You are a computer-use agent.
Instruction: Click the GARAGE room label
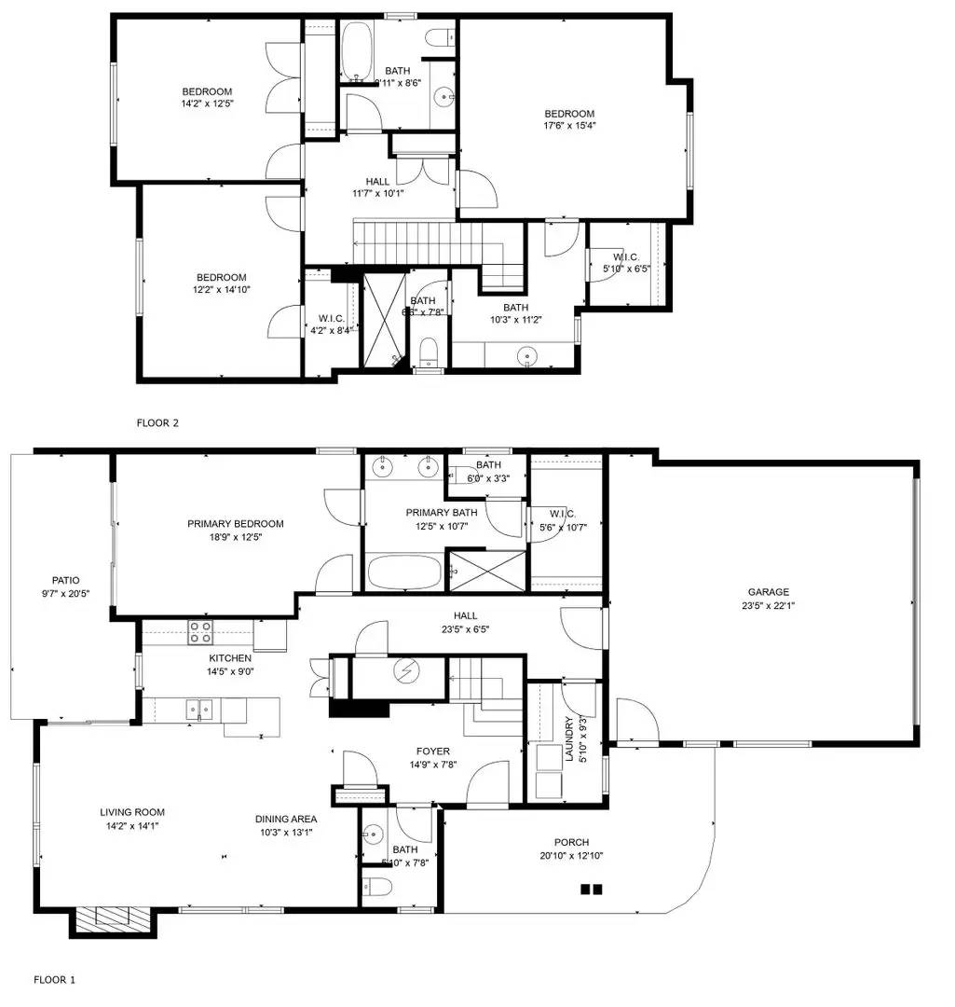pyautogui.click(x=768, y=592)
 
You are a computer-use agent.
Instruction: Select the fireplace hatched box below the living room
pyautogui.click(x=113, y=920)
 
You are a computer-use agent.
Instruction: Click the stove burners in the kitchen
pyautogui.click(x=200, y=631)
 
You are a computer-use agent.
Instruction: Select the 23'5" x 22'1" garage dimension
pyautogui.click(x=768, y=605)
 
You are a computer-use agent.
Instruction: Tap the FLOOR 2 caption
pyautogui.click(x=157, y=422)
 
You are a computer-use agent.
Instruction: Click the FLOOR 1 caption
pyautogui.click(x=54, y=980)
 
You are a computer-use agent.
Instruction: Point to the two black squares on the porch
pyautogui.click(x=591, y=890)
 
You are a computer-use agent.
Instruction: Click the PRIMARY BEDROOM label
pyautogui.click(x=235, y=524)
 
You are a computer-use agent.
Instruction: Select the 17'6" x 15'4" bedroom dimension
pyautogui.click(x=569, y=125)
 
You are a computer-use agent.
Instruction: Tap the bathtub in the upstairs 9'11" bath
pyautogui.click(x=356, y=51)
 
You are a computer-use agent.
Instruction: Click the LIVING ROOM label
pyautogui.click(x=132, y=812)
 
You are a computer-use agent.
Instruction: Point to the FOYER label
pyautogui.click(x=433, y=751)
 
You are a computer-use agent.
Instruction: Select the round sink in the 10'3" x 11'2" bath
pyautogui.click(x=529, y=354)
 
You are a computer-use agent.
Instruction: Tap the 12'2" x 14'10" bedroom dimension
pyautogui.click(x=221, y=290)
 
